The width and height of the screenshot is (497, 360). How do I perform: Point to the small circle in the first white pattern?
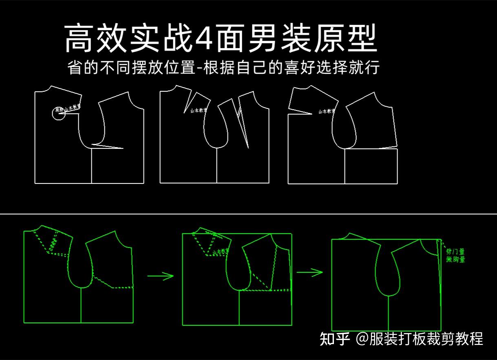point(58,114)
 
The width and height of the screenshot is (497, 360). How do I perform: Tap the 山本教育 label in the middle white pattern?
point(199,110)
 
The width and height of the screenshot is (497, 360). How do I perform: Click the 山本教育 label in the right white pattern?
point(327,111)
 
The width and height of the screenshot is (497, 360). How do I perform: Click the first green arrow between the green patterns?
point(160,276)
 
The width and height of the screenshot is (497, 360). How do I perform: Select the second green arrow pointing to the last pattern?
point(310,272)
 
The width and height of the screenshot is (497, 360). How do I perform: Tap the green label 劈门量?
point(455,252)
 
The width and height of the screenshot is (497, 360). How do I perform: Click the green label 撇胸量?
point(455,259)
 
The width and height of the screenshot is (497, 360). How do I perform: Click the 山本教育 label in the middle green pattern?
point(220,252)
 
